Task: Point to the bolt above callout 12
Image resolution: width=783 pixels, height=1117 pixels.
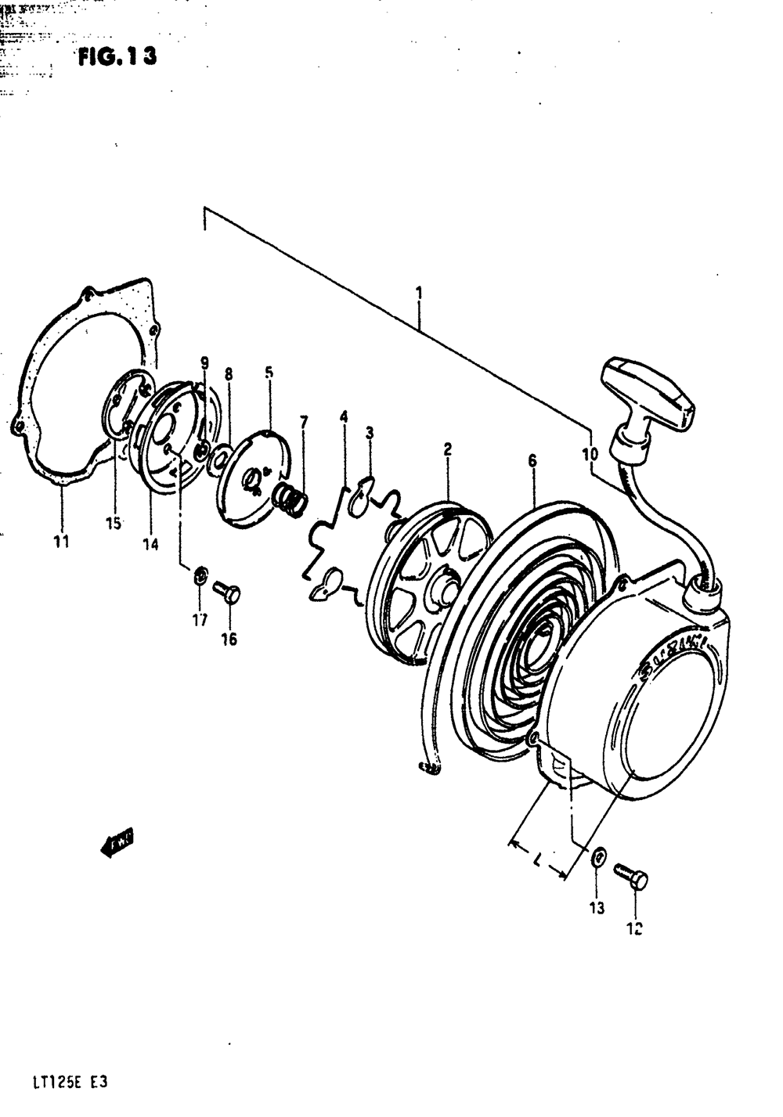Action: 631,876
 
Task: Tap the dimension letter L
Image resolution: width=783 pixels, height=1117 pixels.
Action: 538,861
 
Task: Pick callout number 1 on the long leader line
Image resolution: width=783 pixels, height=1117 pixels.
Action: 420,294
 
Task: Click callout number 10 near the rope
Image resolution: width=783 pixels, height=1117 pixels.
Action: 590,453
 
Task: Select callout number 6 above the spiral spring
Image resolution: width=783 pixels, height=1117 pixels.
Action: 532,461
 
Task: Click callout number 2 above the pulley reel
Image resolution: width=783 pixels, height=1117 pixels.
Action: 447,449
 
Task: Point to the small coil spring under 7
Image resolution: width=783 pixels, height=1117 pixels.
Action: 290,499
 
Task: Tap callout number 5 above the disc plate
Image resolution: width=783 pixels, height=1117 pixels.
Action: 269,373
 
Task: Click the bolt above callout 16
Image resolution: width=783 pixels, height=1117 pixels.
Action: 226,593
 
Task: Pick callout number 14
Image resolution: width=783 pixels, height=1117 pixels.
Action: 150,544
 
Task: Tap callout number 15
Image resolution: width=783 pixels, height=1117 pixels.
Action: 114,524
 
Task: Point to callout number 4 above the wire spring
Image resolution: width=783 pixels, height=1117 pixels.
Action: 343,416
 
